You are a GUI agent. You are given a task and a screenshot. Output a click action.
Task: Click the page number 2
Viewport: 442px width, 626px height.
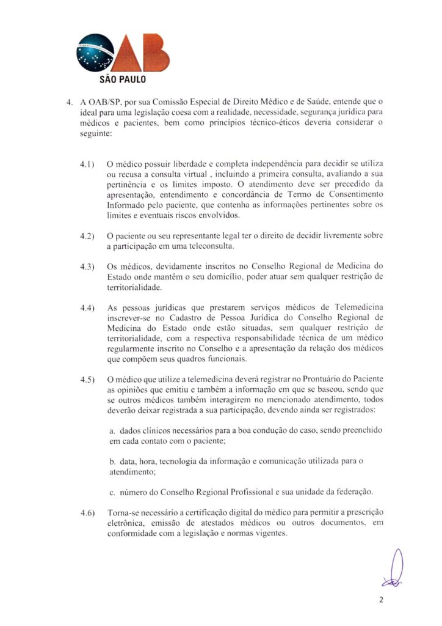[x=381, y=600]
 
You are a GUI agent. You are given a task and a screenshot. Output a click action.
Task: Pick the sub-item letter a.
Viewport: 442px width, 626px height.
[x=112, y=432]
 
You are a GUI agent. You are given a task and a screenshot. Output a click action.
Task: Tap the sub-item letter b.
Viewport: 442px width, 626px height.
[x=112, y=462]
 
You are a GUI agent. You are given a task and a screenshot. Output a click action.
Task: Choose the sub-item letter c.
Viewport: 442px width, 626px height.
[x=112, y=492]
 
